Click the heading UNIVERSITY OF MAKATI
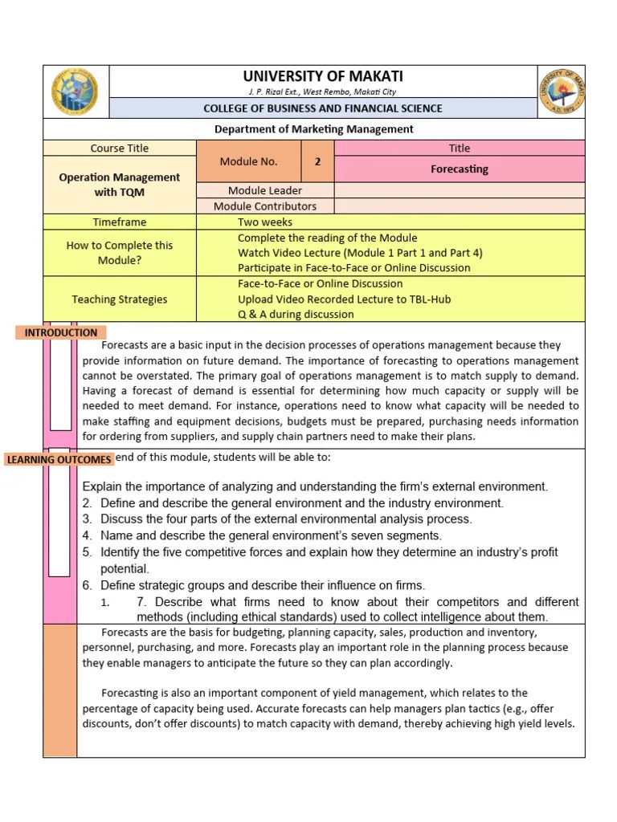click(322, 77)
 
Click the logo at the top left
click(75, 92)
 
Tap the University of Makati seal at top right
click(561, 92)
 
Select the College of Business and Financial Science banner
click(322, 108)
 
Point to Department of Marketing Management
click(314, 128)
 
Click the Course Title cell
click(120, 148)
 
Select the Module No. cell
click(248, 161)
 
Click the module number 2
click(317, 161)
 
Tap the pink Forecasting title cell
click(459, 169)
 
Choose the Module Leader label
click(265, 190)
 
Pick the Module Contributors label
click(265, 206)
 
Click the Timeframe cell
click(120, 222)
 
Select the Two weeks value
click(265, 222)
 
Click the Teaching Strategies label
click(120, 299)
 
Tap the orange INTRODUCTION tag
click(61, 332)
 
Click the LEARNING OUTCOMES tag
click(59, 459)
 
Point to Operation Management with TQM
click(120, 185)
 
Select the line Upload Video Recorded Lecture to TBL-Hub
click(344, 299)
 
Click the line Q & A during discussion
click(296, 315)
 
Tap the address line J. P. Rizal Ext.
click(322, 92)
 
